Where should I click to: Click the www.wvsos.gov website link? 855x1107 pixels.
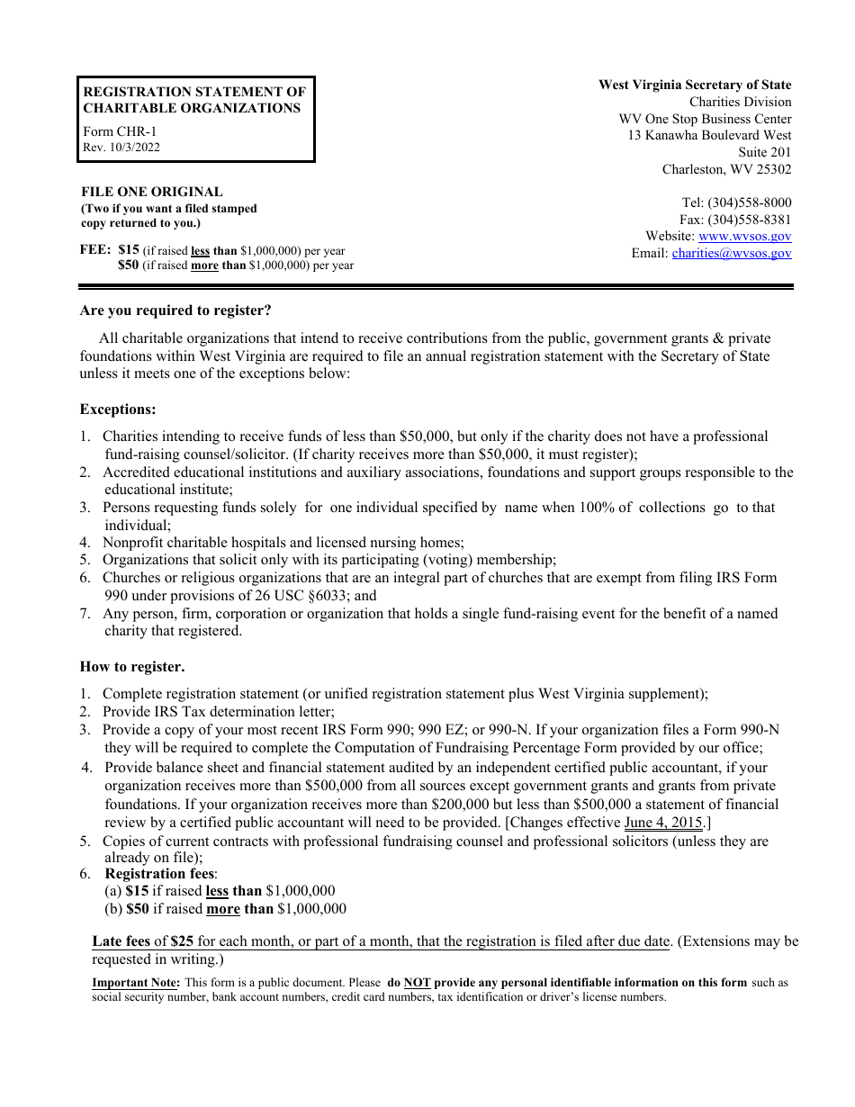[744, 237]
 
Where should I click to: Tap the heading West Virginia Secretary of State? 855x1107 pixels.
[695, 85]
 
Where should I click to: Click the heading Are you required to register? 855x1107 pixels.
[175, 310]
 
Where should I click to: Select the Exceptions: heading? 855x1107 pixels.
[118, 409]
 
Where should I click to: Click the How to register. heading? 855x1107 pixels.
[132, 667]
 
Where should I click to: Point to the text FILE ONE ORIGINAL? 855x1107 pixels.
[152, 192]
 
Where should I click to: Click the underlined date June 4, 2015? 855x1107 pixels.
[664, 823]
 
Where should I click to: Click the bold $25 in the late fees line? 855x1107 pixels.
[182, 941]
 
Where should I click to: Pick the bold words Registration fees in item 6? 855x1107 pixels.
[159, 874]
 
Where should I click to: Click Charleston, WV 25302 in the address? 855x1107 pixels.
[726, 169]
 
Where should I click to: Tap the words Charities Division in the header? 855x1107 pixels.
[740, 102]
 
